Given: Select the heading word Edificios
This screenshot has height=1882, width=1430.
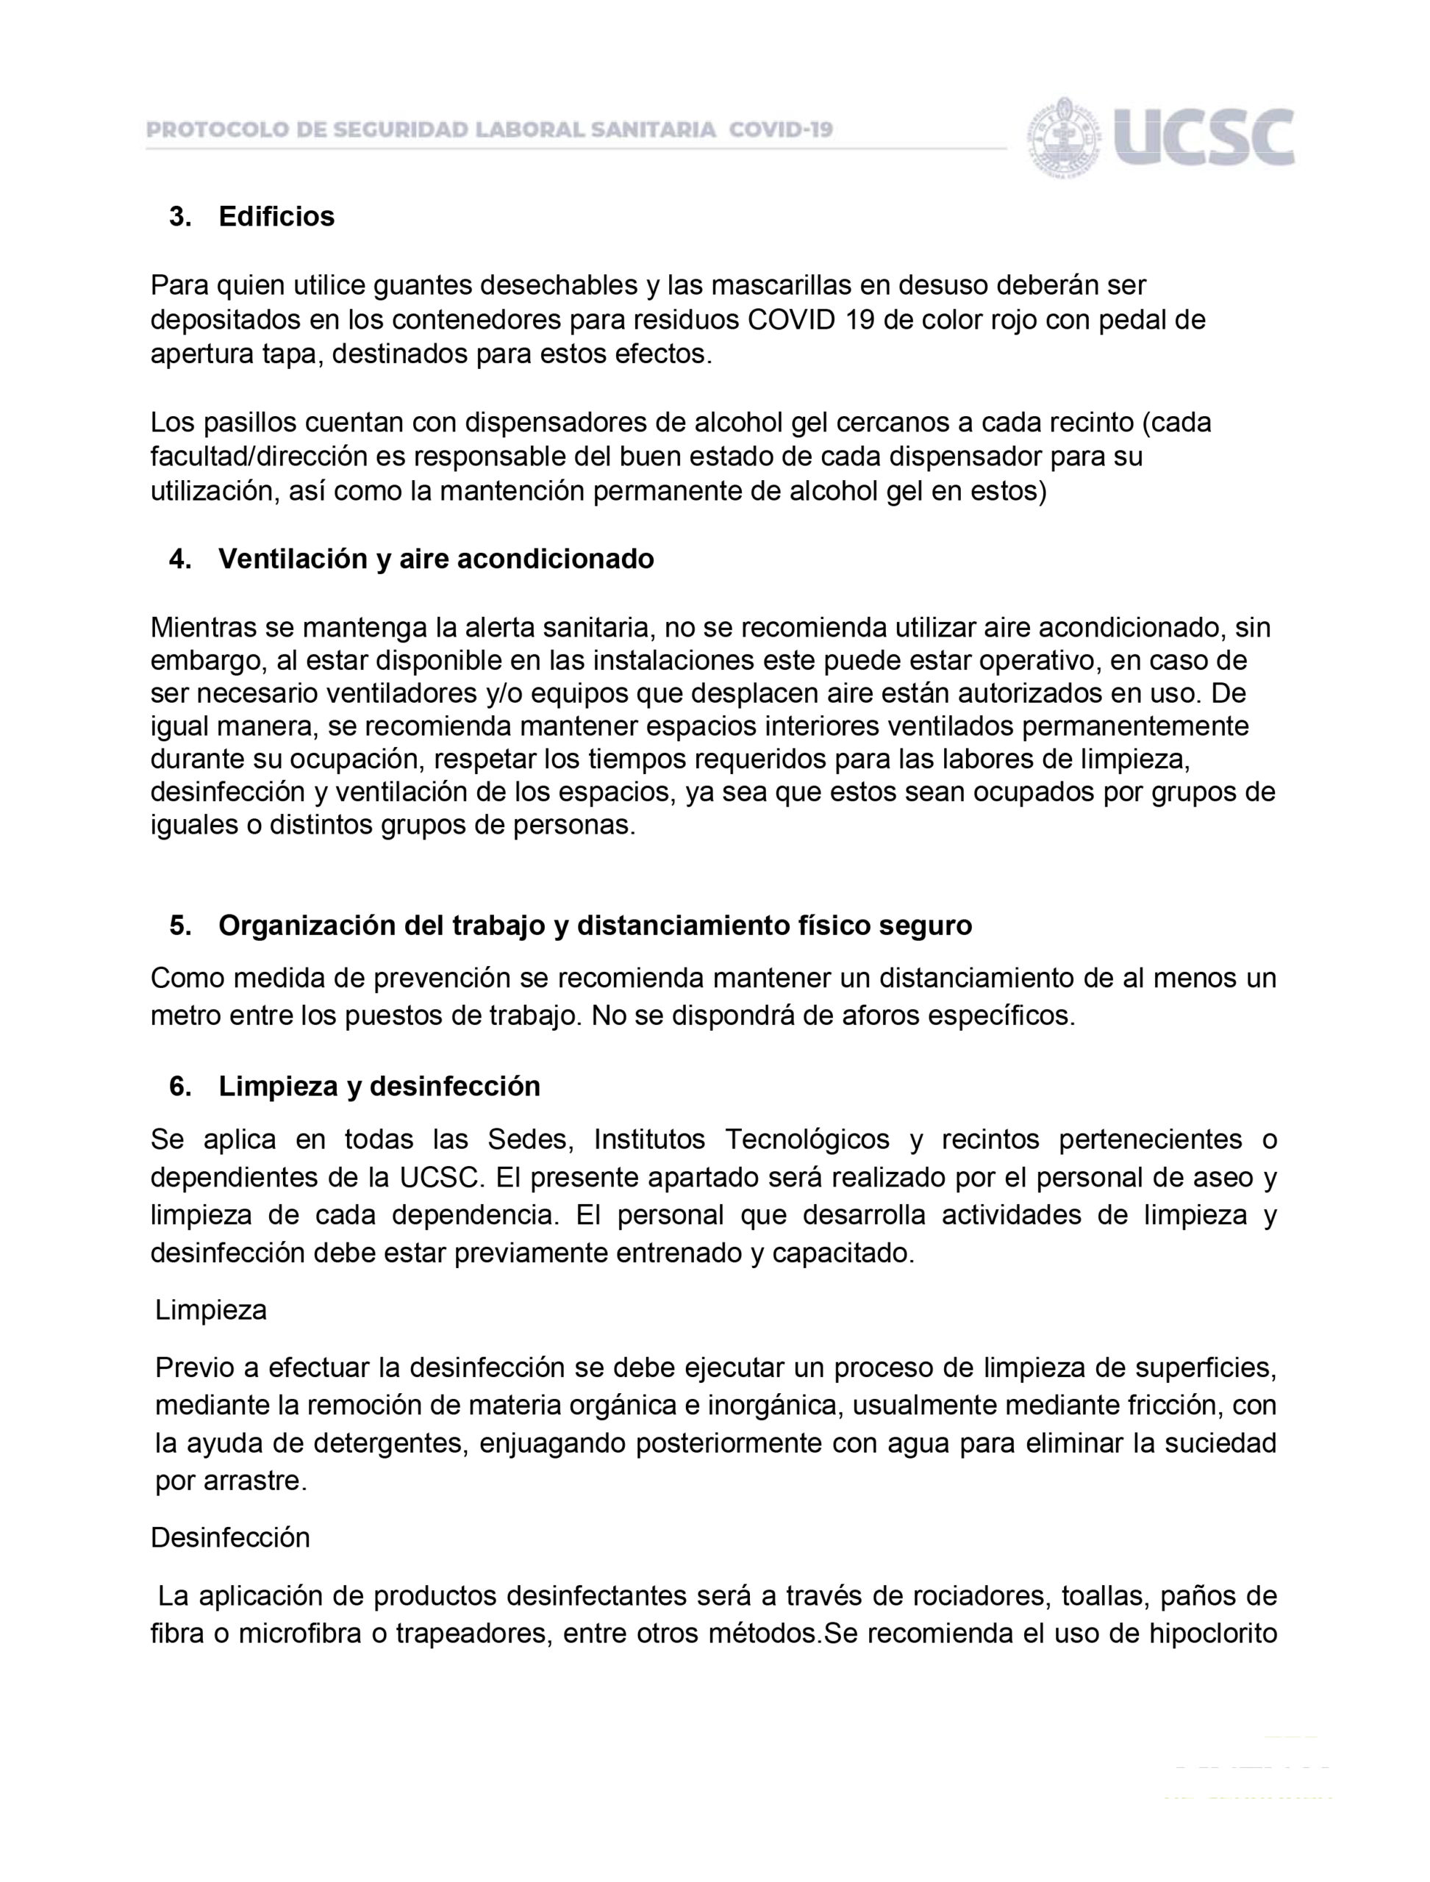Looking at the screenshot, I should [x=276, y=217].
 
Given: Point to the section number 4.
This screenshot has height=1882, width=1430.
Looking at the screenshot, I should [x=179, y=559].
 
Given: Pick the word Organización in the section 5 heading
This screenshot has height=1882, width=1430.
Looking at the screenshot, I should [x=307, y=926].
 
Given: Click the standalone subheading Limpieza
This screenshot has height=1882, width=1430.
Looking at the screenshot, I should [x=211, y=1309].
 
